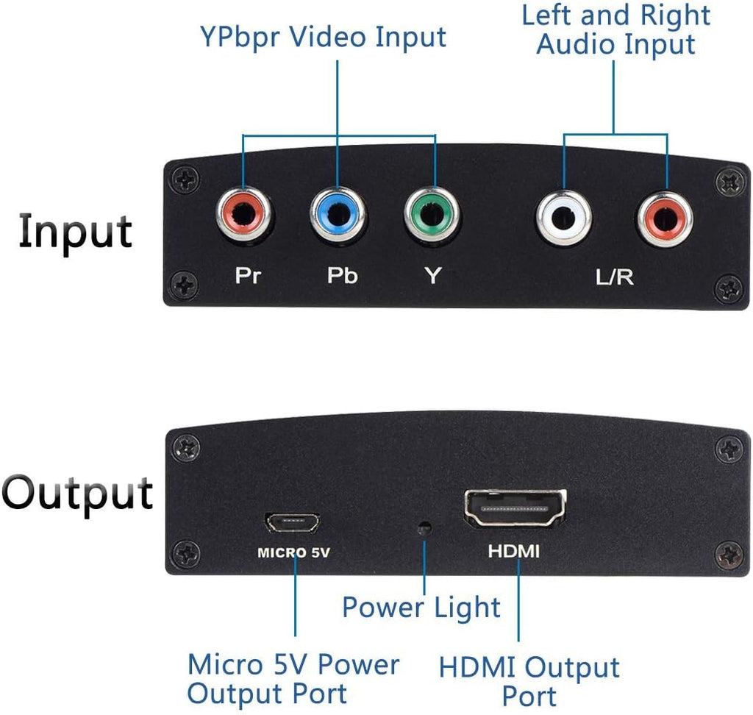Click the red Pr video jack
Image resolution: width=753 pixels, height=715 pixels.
point(243,216)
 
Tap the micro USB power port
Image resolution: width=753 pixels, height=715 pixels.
point(292,522)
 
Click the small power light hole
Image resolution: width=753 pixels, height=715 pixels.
point(424,528)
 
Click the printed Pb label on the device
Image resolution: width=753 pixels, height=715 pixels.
point(342,276)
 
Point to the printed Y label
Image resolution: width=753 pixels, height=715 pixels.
point(434,276)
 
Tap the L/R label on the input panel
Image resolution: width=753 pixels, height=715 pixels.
point(615,277)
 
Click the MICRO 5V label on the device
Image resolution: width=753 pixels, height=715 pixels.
point(292,552)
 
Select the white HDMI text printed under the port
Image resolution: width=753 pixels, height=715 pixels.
point(514,550)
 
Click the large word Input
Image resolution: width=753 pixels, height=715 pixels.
point(76,230)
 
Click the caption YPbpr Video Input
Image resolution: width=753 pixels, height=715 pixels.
point(323,37)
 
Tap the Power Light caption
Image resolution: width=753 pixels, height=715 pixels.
point(421,608)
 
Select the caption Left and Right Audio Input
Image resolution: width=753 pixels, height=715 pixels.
point(616,29)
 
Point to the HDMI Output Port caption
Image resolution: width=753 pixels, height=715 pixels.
point(529,681)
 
